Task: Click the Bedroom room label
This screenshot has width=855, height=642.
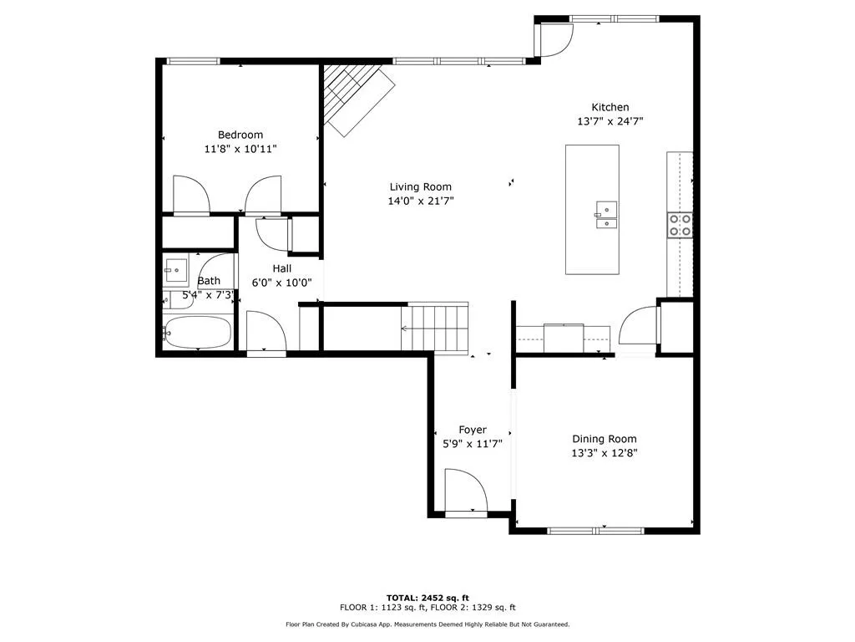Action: [240, 135]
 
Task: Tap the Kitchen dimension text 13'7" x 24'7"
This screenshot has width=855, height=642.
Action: [610, 121]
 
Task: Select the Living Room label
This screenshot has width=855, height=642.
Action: [421, 187]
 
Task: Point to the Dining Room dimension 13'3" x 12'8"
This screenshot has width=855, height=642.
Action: [604, 453]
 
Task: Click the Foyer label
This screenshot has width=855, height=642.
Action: [473, 431]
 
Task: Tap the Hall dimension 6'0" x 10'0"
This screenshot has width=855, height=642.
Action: [281, 283]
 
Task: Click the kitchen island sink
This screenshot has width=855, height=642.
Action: [605, 214]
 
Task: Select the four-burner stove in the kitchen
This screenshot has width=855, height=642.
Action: [679, 225]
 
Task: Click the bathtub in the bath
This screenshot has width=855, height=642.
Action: [198, 333]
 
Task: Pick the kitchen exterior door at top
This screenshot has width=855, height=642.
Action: [554, 39]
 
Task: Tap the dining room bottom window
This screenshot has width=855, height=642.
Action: [594, 530]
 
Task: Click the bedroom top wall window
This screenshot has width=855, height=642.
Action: [194, 61]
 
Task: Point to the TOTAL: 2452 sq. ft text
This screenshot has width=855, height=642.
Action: [427, 598]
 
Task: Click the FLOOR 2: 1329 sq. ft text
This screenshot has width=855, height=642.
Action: [473, 608]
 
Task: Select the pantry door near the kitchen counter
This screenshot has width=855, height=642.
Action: [640, 327]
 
